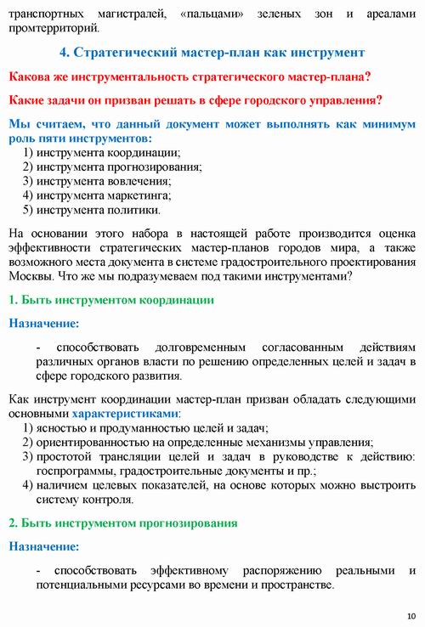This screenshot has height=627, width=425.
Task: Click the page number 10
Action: pyautogui.click(x=411, y=615)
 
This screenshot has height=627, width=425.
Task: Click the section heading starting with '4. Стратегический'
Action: pyautogui.click(x=212, y=53)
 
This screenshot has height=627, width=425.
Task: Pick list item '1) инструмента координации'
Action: pyautogui.click(x=101, y=152)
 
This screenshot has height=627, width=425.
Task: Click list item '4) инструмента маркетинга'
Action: pyautogui.click(x=99, y=195)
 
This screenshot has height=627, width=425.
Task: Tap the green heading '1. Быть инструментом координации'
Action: pyautogui.click(x=110, y=300)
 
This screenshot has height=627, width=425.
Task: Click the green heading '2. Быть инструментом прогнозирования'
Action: pyautogui.click(x=122, y=522)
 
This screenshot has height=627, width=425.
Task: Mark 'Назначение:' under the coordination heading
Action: pyautogui.click(x=43, y=323)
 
